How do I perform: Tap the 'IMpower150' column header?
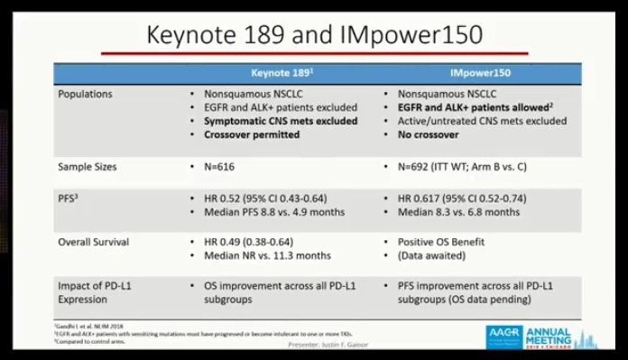[478, 72]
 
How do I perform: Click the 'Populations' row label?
[86, 93]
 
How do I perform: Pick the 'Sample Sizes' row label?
[88, 167]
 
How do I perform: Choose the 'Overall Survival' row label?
[95, 243]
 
